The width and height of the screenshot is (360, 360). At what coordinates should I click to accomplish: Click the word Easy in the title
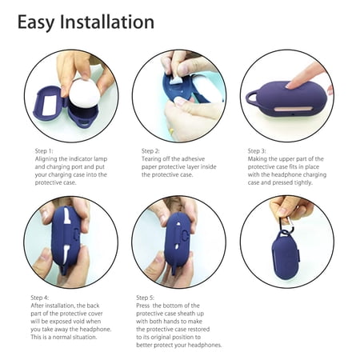(36, 22)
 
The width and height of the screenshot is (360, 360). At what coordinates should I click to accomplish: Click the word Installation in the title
(107, 22)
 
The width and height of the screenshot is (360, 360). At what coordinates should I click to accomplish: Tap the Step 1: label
(44, 151)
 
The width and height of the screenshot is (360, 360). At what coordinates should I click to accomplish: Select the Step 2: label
(150, 151)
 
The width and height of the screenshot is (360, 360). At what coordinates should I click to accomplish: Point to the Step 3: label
(257, 151)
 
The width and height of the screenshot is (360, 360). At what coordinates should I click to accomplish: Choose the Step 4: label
(39, 298)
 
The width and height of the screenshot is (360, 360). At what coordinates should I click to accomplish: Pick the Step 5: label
(145, 298)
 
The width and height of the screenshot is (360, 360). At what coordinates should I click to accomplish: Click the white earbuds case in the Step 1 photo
(85, 94)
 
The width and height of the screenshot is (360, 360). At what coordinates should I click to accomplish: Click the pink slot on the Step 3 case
(293, 109)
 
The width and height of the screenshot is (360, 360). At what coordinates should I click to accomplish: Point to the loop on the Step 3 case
(253, 98)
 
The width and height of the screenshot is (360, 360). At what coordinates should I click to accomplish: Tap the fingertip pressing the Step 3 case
(290, 86)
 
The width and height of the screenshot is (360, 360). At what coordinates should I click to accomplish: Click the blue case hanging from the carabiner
(286, 256)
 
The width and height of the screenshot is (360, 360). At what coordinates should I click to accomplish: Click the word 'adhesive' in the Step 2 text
(193, 159)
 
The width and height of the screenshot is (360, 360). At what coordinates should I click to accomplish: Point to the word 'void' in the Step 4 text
(80, 322)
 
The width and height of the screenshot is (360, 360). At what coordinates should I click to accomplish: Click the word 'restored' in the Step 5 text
(198, 330)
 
